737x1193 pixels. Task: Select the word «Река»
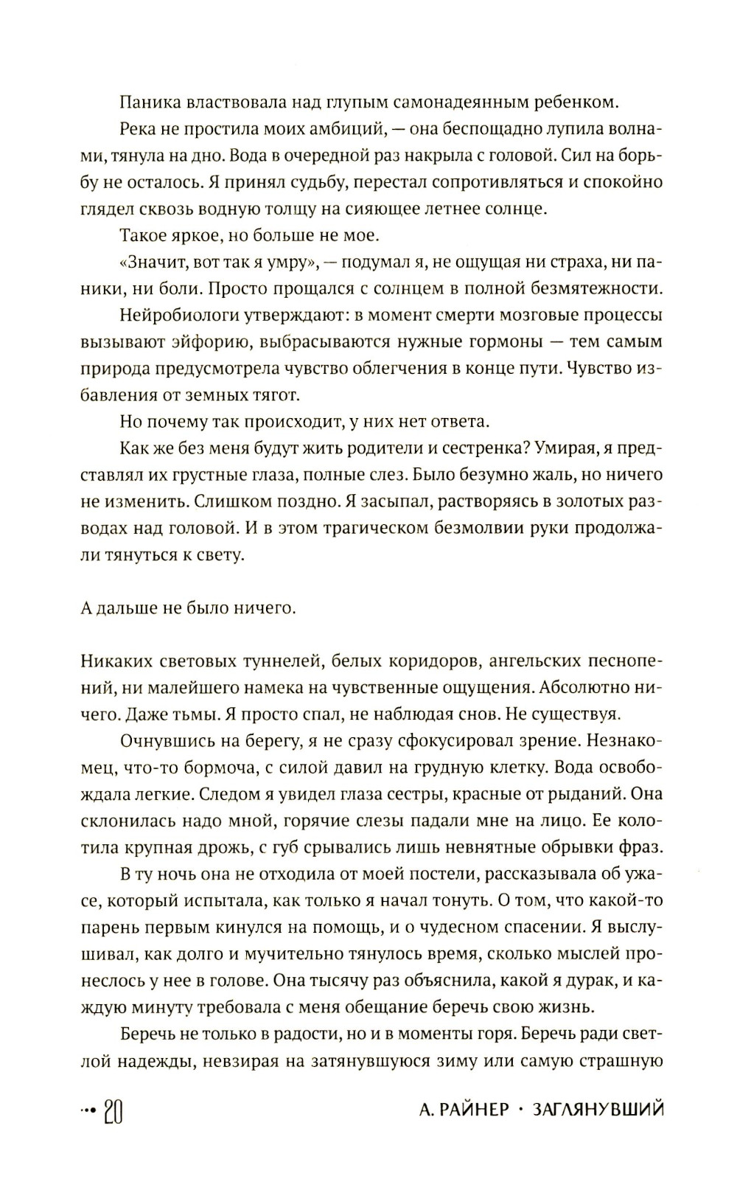(139, 128)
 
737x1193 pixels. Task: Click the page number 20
(113, 1110)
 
